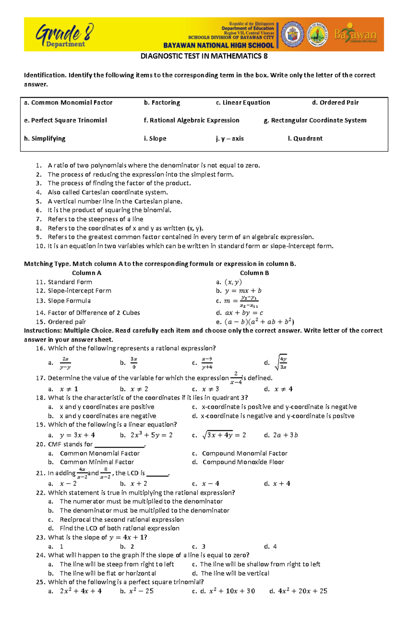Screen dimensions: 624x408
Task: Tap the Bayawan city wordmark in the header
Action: click(355, 35)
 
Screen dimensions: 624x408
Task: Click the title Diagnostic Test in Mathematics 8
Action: click(204, 56)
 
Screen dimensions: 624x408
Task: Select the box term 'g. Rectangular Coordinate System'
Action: click(315, 120)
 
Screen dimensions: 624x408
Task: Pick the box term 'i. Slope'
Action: click(155, 138)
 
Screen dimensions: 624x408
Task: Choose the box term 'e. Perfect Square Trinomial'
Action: click(66, 120)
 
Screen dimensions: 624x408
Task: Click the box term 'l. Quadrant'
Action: click(305, 138)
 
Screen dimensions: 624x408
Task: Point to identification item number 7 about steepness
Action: click(95, 219)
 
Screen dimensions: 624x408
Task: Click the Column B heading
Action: click(254, 273)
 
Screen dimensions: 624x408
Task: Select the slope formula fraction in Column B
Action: click(249, 301)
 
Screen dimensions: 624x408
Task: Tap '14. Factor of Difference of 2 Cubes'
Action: click(93, 313)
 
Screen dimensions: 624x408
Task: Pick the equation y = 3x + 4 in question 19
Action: click(77, 435)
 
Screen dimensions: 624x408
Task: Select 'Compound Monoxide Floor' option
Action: click(243, 462)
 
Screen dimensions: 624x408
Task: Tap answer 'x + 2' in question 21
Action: click(139, 484)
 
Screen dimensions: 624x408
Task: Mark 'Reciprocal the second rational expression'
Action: click(121, 519)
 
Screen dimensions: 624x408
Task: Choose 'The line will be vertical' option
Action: click(235, 573)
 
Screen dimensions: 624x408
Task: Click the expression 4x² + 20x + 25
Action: click(303, 591)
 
